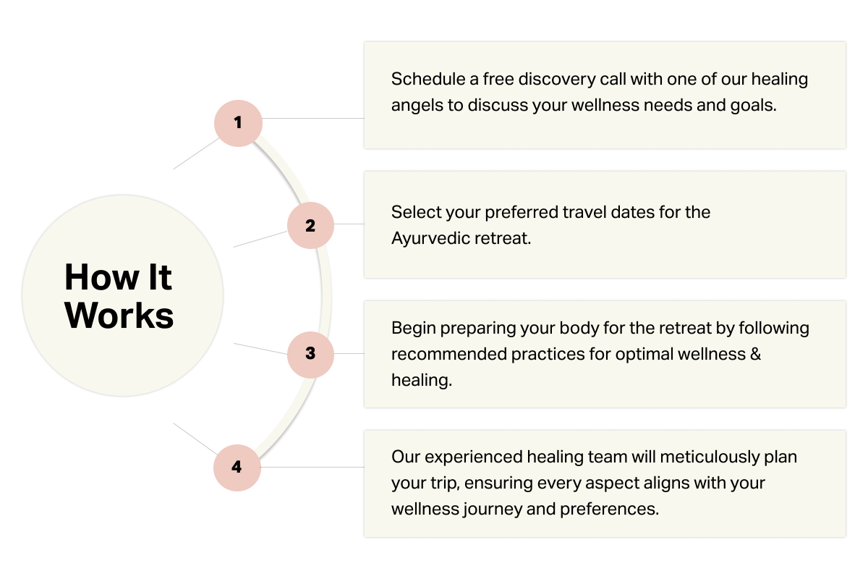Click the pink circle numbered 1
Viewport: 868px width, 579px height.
[x=238, y=123]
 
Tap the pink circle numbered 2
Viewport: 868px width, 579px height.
[x=310, y=226]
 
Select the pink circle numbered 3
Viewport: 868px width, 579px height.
[x=310, y=354]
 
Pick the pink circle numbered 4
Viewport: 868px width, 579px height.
[x=237, y=467]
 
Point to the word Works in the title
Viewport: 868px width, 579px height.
[x=119, y=316]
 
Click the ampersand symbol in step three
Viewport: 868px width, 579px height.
[x=756, y=354]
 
